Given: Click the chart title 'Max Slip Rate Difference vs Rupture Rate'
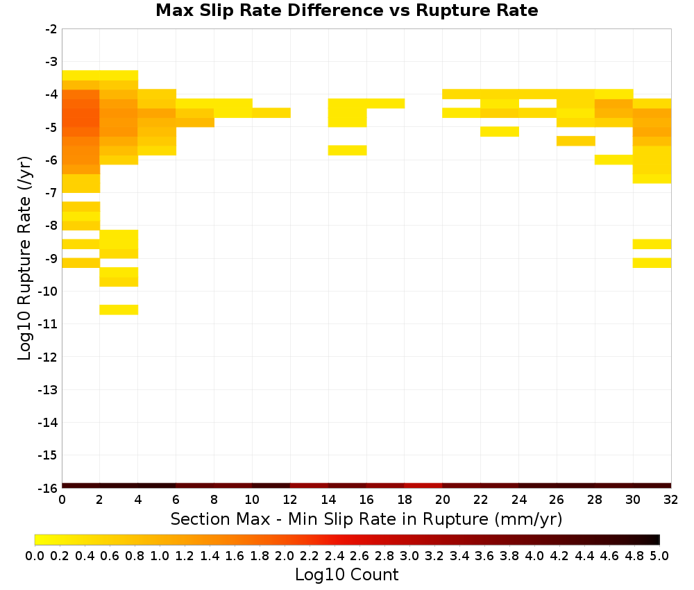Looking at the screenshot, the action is [347, 10].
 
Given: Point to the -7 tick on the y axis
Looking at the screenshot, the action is [51, 192].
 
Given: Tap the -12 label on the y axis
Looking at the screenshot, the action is [48, 357].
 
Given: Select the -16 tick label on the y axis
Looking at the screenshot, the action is [48, 488].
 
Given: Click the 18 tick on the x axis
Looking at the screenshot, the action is [405, 500].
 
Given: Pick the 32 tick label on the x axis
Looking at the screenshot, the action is [671, 500].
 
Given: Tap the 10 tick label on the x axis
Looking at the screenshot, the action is [252, 500].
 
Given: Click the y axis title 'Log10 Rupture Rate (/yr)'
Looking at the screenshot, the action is [24, 258].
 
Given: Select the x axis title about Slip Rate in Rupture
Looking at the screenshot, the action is [366, 519].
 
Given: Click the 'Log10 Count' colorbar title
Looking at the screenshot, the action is [346, 575].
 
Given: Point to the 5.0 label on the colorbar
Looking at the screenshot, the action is [659, 555].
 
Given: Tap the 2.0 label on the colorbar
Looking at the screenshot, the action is [285, 555].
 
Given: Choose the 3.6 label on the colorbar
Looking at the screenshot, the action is [484, 555].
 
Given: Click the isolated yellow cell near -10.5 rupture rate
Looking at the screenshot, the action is [119, 310].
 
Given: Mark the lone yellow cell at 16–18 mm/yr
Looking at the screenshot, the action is [385, 103].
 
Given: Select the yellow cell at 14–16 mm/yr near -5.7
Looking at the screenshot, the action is [348, 151].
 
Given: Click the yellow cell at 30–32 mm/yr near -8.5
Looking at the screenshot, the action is [652, 244].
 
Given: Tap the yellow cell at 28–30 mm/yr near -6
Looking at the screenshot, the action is [614, 160].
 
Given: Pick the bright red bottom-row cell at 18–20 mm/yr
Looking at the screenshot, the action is [423, 486].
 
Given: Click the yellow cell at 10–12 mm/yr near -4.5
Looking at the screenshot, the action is [271, 113].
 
